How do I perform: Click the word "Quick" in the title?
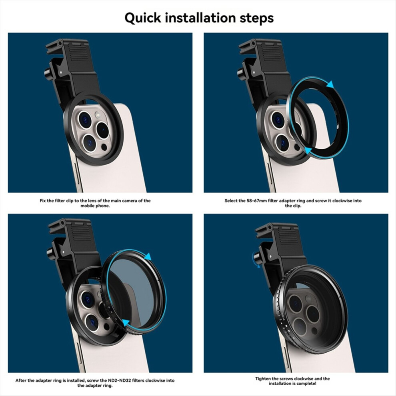tap(143, 18)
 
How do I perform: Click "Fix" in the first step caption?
tap(43, 200)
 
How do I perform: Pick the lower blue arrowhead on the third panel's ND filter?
tap(126, 322)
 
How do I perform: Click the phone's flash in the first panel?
tap(98, 115)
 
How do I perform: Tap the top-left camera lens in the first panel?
tap(85, 119)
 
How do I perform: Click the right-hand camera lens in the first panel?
tap(102, 130)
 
